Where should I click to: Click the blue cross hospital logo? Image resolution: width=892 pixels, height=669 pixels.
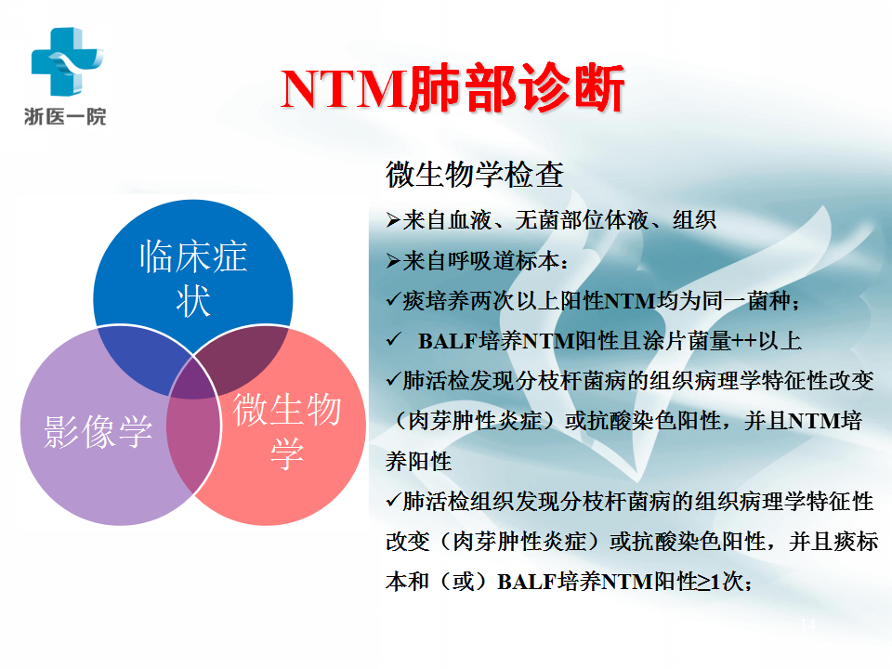(67, 61)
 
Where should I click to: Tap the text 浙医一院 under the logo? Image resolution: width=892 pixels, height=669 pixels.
(65, 117)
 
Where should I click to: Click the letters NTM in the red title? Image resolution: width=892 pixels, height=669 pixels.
(343, 89)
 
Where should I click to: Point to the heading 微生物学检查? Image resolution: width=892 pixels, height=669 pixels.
(475, 174)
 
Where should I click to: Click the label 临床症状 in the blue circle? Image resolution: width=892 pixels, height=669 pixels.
(193, 278)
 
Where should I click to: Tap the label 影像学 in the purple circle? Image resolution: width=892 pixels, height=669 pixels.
(98, 430)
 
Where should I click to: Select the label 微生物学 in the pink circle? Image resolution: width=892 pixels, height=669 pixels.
(287, 430)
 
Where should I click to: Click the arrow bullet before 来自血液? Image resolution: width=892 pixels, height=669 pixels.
(393, 220)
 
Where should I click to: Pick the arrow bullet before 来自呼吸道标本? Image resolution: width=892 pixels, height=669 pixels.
(393, 261)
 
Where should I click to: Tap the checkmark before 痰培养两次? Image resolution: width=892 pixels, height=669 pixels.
(393, 299)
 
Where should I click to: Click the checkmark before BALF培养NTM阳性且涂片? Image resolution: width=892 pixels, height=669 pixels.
(393, 340)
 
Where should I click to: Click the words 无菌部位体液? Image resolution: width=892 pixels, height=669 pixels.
(582, 220)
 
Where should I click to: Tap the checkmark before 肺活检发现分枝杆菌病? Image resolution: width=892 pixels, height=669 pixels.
(393, 379)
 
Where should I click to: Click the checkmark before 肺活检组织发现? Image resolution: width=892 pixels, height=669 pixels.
(393, 500)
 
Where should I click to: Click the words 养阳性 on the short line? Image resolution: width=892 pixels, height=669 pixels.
(418, 462)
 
